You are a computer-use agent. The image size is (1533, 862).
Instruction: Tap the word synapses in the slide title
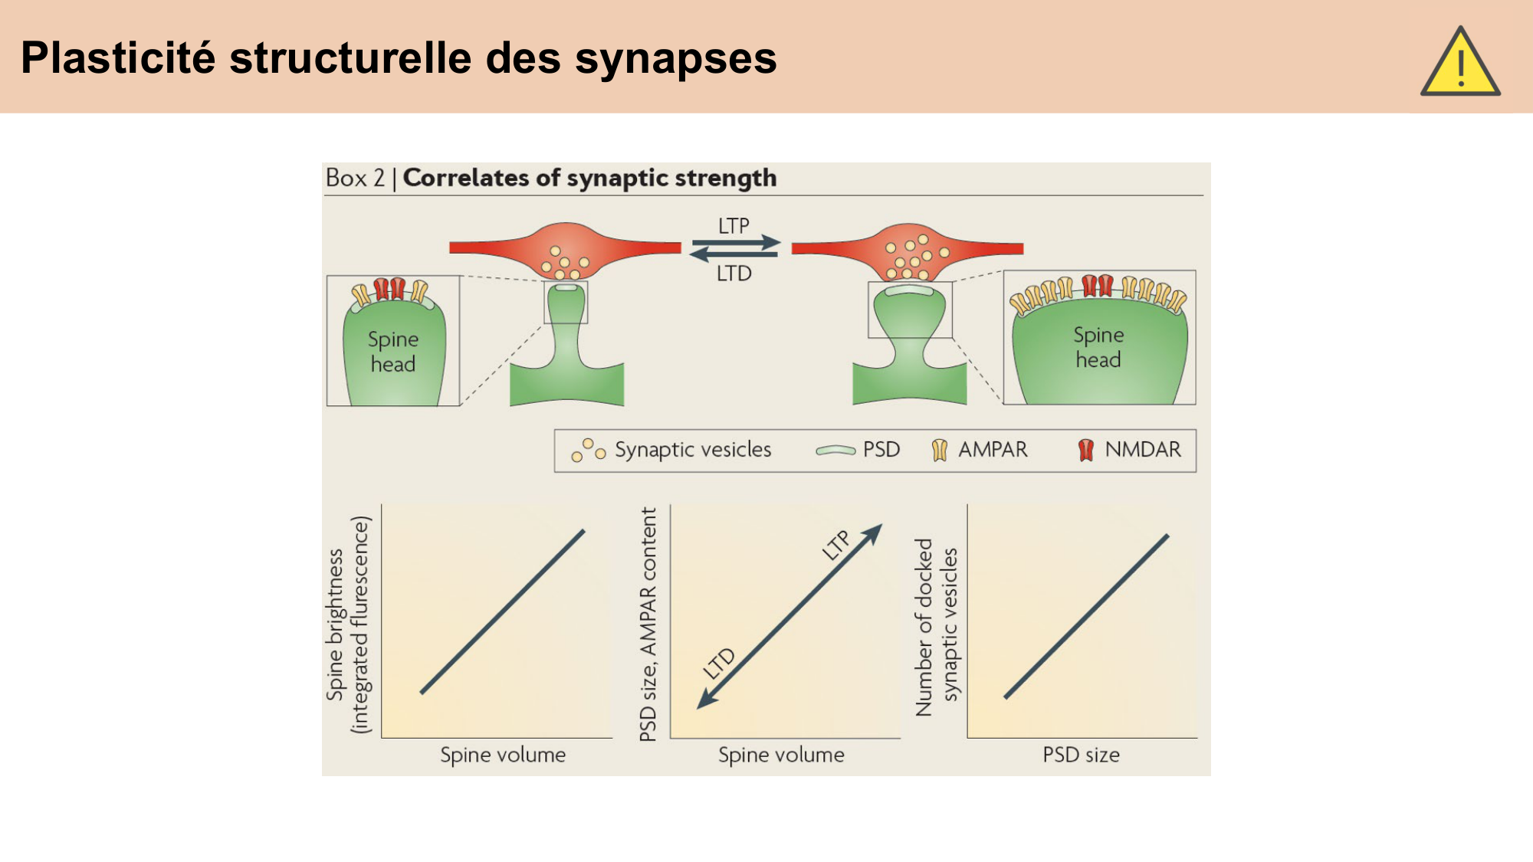pyautogui.click(x=675, y=58)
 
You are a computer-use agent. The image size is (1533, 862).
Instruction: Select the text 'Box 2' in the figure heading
pyautogui.click(x=355, y=178)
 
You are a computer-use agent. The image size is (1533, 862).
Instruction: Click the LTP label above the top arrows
pyautogui.click(x=734, y=226)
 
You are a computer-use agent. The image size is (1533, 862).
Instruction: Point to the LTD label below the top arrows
pyautogui.click(x=734, y=274)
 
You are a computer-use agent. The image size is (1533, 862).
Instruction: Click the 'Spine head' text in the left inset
pyautogui.click(x=393, y=352)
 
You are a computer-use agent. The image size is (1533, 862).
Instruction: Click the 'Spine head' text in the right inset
pyautogui.click(x=1098, y=347)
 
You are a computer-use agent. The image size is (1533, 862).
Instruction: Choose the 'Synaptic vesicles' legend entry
pyautogui.click(x=692, y=450)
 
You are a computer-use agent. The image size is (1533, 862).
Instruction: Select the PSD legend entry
pyautogui.click(x=881, y=450)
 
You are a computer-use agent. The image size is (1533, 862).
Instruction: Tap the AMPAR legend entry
pyautogui.click(x=992, y=450)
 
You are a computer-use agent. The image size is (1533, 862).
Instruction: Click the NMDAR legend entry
pyautogui.click(x=1142, y=450)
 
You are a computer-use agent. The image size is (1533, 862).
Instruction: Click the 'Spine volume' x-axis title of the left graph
pyautogui.click(x=503, y=755)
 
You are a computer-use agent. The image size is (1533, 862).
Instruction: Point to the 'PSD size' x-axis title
pyautogui.click(x=1081, y=755)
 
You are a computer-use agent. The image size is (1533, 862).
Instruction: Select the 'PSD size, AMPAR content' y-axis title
pyautogui.click(x=648, y=624)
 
